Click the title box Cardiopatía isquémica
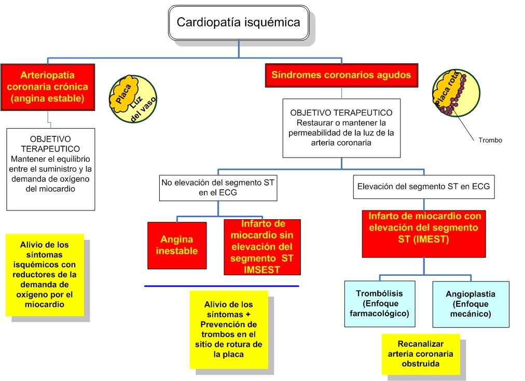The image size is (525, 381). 238,23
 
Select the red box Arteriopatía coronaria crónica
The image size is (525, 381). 47,87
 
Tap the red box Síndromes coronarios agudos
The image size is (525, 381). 341,75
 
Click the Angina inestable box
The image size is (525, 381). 177,245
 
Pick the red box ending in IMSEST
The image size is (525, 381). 262,247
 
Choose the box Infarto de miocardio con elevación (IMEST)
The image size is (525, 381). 424,233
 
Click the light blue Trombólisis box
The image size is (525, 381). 379,304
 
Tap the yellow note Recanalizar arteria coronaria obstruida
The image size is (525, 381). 420,354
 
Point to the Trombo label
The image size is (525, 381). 490,140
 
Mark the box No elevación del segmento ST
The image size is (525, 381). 218,188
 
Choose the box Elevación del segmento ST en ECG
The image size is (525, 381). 424,186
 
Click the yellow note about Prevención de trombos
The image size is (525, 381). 229,330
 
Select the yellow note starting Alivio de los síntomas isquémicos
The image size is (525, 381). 45,275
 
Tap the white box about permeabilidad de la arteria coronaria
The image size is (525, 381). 341,128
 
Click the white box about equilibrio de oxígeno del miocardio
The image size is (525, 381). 51,169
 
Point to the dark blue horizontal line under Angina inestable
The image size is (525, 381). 222,286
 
